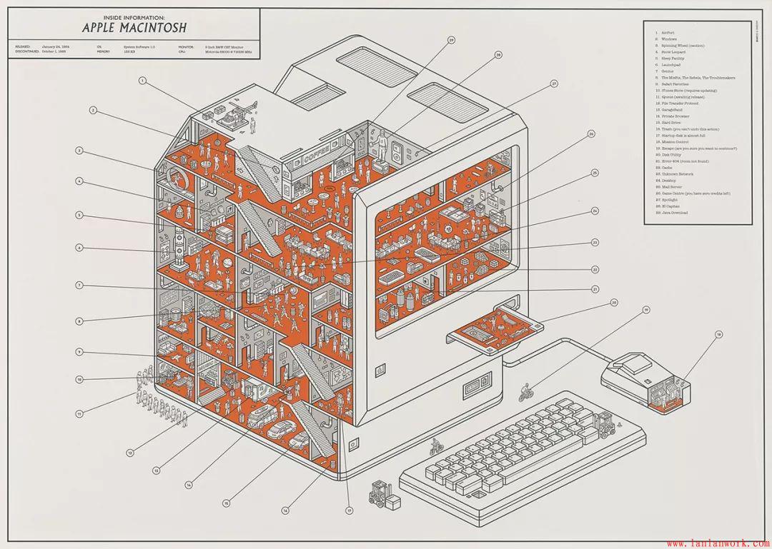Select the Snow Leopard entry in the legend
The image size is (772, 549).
click(670, 51)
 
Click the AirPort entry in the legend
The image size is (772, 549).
click(667, 32)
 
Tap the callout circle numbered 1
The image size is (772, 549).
click(142, 81)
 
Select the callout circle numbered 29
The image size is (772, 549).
click(451, 40)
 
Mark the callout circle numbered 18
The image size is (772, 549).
click(718, 333)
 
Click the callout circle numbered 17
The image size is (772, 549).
click(350, 510)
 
